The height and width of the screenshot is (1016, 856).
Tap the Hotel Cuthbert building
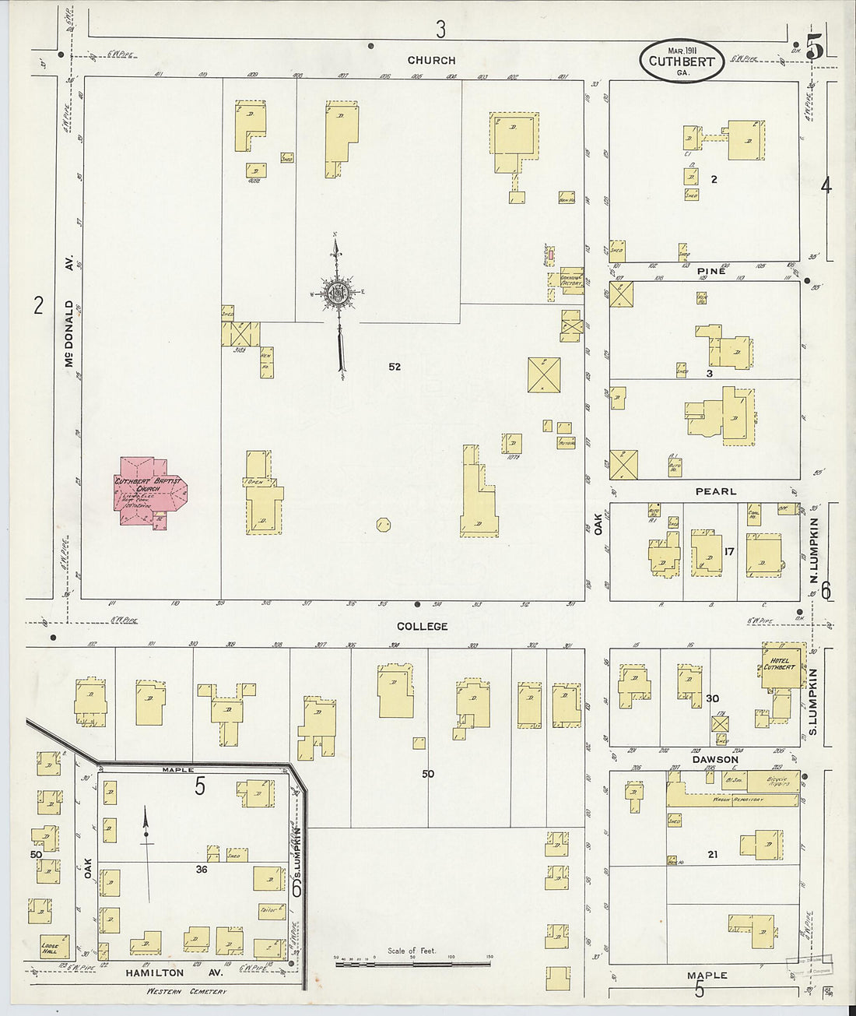click(781, 666)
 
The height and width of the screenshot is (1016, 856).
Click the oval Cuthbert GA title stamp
click(682, 60)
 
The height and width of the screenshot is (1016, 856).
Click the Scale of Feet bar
click(412, 964)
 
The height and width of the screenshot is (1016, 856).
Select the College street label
click(423, 626)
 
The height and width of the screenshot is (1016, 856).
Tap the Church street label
click(432, 60)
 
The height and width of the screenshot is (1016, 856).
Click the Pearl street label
click(716, 491)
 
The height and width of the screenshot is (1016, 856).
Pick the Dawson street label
click(713, 759)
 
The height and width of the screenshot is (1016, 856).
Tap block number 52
click(395, 366)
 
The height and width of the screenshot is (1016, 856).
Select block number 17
click(729, 552)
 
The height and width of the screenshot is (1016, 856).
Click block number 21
click(712, 854)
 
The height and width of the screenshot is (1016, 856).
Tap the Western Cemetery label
click(186, 991)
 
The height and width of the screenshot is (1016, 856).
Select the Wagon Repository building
click(731, 799)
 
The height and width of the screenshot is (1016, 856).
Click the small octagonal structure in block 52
click(383, 525)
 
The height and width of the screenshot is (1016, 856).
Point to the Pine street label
click(711, 271)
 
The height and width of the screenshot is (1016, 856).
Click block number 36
click(201, 870)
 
